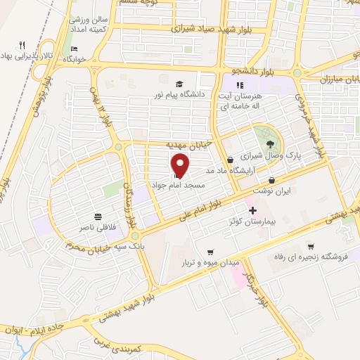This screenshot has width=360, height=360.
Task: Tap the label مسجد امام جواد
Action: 179,185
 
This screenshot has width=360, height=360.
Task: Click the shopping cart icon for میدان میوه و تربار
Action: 210,252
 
